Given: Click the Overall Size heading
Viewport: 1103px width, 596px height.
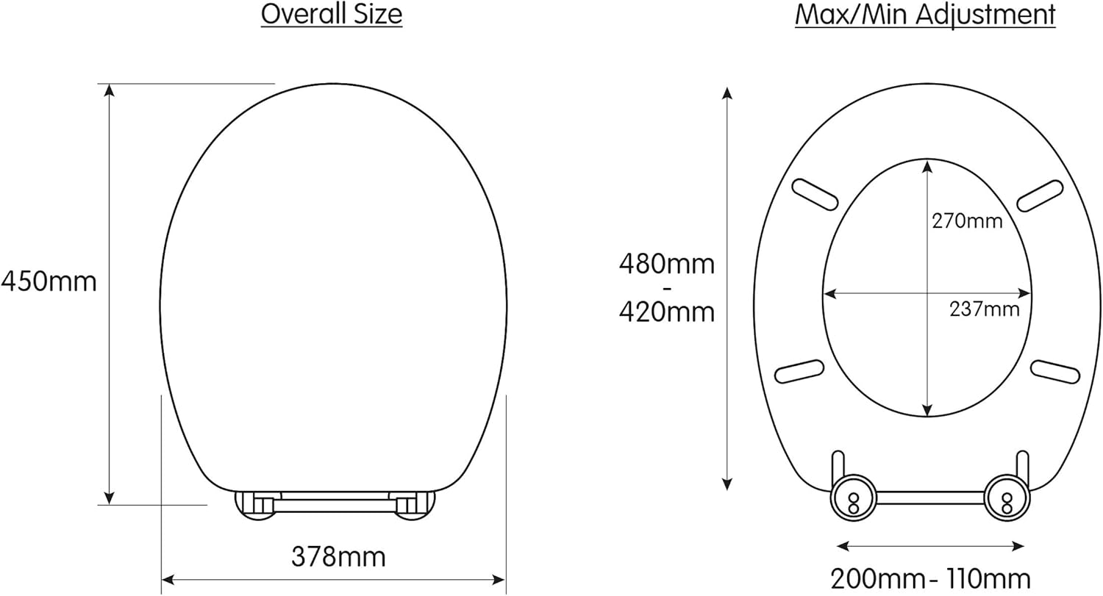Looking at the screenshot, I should [x=332, y=15].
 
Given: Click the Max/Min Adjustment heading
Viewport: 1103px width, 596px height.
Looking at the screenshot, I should [x=925, y=15].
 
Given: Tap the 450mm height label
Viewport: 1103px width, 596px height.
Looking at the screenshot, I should [x=49, y=281].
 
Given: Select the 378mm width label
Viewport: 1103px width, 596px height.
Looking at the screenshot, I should [x=338, y=557].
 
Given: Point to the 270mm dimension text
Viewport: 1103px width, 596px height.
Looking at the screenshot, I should [x=967, y=220].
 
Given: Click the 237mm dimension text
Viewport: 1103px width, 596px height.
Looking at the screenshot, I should [x=985, y=309].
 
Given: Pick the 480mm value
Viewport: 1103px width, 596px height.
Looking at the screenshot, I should [x=666, y=263].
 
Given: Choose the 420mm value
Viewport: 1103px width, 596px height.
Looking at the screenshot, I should [x=666, y=312].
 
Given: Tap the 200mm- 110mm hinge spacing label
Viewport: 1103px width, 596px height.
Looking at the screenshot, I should [x=930, y=578].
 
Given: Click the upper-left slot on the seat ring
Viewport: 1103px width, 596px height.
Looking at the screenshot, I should [x=815, y=195].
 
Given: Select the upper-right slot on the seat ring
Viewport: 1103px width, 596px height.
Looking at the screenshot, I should [x=1039, y=195].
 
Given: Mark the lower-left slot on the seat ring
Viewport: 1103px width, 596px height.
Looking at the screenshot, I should [x=799, y=371].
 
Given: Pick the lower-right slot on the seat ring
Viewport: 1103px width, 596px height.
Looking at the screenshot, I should [x=1055, y=371].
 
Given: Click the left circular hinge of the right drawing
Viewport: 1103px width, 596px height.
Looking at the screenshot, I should [x=854, y=499].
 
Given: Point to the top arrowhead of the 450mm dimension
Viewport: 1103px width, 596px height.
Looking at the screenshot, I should [x=110, y=90].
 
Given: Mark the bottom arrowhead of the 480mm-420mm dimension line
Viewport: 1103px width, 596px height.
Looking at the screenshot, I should [x=727, y=484].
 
